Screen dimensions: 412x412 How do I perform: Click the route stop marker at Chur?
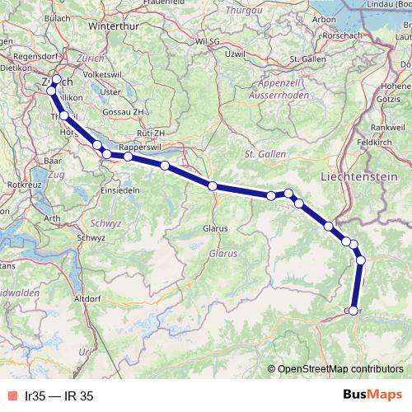(353, 311)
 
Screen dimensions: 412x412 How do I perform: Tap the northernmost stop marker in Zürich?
(56, 80)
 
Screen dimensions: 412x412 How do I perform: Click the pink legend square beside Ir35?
(11, 396)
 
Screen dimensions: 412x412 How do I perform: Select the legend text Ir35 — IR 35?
(59, 396)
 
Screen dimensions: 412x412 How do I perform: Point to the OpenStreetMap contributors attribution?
(340, 369)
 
